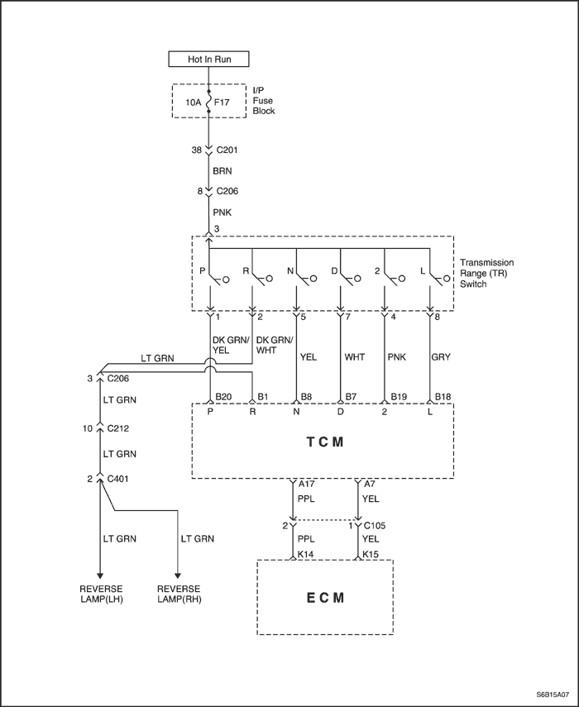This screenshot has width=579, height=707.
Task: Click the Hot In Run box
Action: [x=208, y=59]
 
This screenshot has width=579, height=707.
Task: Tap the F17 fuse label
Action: [x=222, y=103]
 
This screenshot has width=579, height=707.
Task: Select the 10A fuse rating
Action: [x=194, y=103]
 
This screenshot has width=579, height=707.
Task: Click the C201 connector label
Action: [x=227, y=150]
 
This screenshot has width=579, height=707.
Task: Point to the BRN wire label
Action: [x=223, y=171]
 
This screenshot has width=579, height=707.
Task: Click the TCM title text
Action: [x=325, y=442]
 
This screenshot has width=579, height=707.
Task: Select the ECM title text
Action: [x=325, y=598]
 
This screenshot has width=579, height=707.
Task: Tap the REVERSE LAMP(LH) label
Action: [x=101, y=594]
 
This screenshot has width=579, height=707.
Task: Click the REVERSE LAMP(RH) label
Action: [x=179, y=594]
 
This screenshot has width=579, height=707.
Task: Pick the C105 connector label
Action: [x=375, y=525]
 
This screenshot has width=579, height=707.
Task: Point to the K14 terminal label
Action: [x=306, y=554]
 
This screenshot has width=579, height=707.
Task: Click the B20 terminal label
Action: [x=223, y=397]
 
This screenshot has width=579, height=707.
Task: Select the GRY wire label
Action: [x=441, y=357]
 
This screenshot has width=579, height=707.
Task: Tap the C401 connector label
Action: [x=117, y=479]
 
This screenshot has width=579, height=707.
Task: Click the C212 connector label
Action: [x=117, y=428]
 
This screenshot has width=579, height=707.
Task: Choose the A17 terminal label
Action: [x=307, y=484]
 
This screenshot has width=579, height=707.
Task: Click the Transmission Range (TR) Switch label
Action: [x=486, y=273]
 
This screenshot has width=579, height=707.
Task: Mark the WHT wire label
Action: [x=355, y=357]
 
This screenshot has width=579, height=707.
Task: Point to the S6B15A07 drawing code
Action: [x=553, y=695]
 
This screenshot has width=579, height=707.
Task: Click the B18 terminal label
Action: [x=443, y=397]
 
